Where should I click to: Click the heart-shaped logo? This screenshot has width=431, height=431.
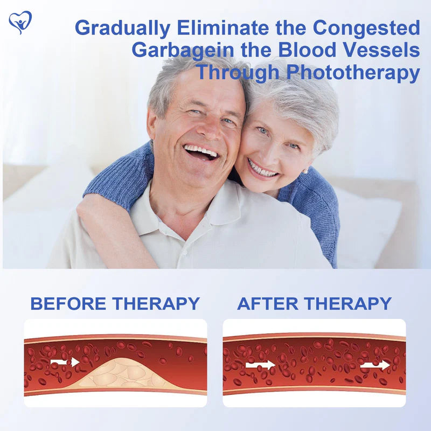coord(20,22)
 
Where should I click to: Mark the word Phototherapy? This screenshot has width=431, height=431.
coord(353,72)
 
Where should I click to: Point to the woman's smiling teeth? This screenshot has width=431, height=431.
coord(263,171)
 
